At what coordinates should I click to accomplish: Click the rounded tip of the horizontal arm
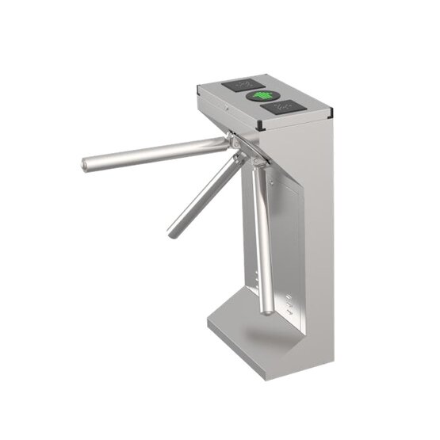(85, 166)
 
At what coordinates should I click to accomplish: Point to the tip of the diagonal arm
(171, 233)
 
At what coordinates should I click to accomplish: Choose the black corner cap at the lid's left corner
(197, 91)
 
